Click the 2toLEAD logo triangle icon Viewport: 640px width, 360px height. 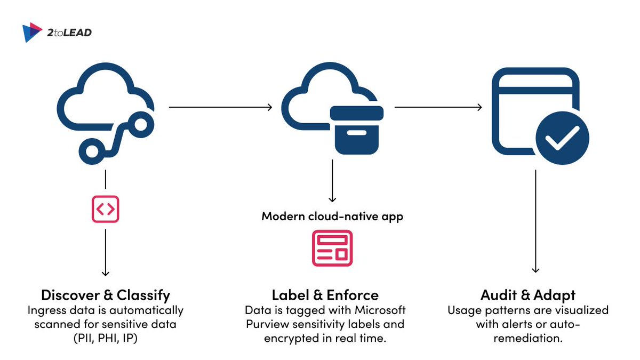(32, 33)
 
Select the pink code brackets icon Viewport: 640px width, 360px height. (105, 210)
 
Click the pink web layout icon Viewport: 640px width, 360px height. (332, 247)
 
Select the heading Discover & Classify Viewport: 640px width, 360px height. (106, 295)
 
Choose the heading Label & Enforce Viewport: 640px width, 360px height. (325, 295)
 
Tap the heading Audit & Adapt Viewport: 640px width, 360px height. (527, 295)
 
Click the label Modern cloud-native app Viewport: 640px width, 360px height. (332, 217)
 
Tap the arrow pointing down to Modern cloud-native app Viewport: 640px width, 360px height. (332, 182)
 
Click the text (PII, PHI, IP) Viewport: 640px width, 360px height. (105, 338)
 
